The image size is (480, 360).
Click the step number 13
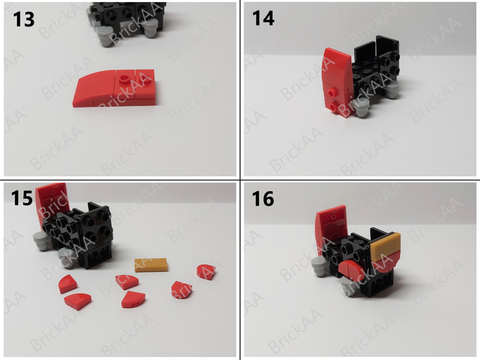click(24, 19)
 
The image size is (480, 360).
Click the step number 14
click(263, 18)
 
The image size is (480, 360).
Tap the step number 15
click(22, 197)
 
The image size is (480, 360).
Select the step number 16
click(263, 198)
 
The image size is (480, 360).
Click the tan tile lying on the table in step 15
click(152, 265)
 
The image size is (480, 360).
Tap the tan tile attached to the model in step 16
click(385, 245)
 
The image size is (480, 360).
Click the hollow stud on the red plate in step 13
click(124, 78)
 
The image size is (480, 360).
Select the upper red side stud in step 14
click(331, 93)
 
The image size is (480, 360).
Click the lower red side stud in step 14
click(333, 107)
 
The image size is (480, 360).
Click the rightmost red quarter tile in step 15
click(206, 272)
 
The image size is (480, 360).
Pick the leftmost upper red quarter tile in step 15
click(68, 284)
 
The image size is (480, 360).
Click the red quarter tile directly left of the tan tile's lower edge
click(127, 282)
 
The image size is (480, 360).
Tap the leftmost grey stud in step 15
click(40, 240)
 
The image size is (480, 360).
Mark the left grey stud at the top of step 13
click(105, 35)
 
